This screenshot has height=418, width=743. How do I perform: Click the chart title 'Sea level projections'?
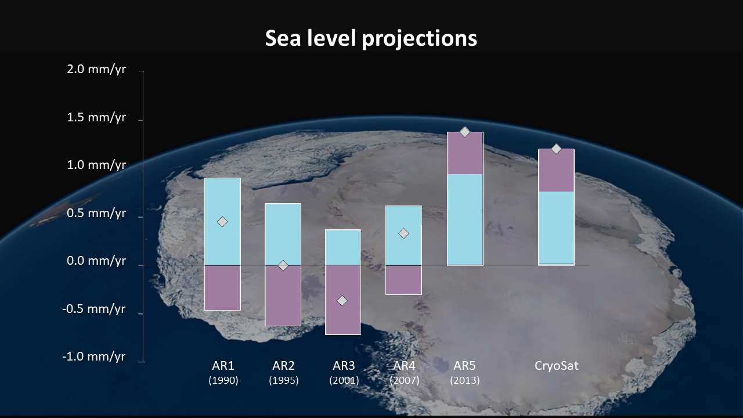pos(371,38)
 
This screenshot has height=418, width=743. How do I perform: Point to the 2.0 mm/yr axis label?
pos(96,70)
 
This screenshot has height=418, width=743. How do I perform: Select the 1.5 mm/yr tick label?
pos(96,118)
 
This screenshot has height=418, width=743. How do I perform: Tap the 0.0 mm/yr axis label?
pos(96,261)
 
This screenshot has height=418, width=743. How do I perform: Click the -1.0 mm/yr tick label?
pos(94,356)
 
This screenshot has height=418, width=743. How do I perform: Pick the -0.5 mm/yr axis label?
pos(94,309)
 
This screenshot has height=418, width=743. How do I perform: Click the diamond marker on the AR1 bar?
pos(222,222)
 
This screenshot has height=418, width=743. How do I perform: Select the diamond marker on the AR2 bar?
pos(283,265)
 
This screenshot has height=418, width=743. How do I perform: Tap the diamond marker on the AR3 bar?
pos(342,301)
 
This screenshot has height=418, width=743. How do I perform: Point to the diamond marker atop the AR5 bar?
pos(464,132)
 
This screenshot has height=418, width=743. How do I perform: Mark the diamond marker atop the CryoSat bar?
pos(556,149)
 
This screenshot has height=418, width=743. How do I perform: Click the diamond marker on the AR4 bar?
pos(403,233)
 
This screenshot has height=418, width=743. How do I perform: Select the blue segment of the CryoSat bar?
pos(556,228)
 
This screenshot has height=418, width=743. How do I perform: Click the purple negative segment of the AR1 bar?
pos(222,288)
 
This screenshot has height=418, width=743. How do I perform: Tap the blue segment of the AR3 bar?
pos(342,247)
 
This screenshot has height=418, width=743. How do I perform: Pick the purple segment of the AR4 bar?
pos(403,280)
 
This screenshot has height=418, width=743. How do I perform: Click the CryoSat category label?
pos(556,366)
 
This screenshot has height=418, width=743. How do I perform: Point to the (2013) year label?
pos(464,381)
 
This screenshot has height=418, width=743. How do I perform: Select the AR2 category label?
pos(283,366)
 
